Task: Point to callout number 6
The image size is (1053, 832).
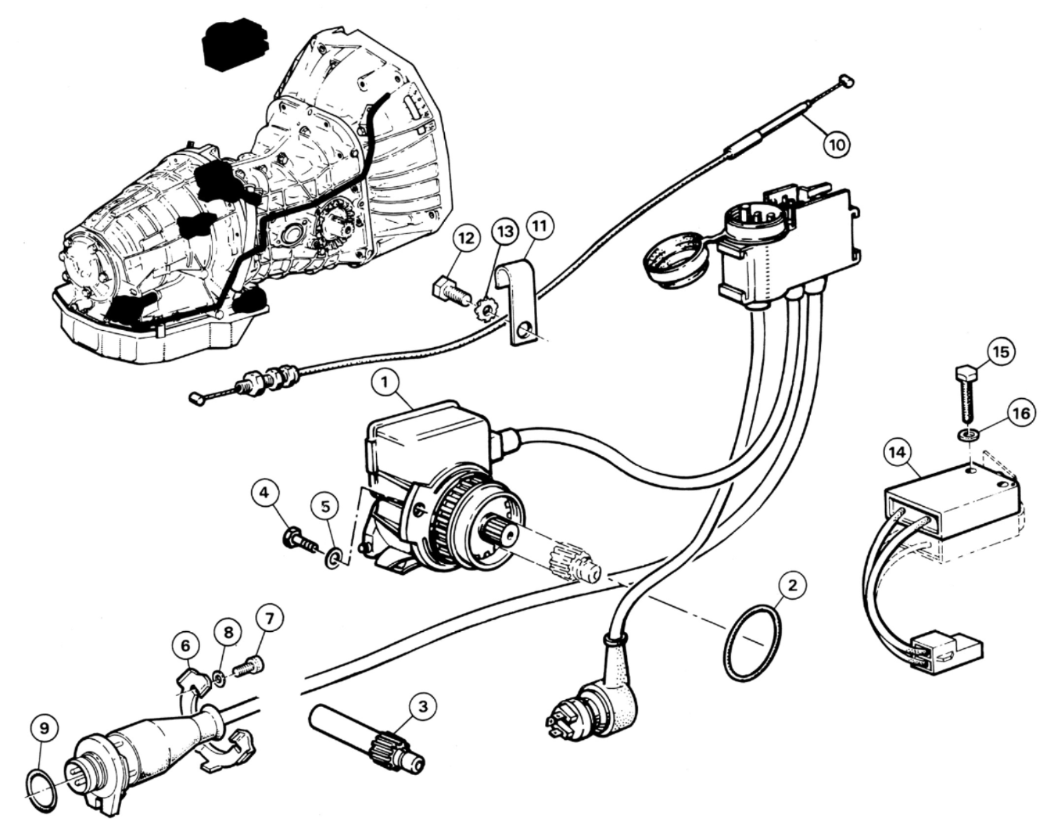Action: point(185,646)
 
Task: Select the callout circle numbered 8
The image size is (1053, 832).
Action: point(228,632)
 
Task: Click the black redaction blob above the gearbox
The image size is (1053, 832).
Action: point(236,46)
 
